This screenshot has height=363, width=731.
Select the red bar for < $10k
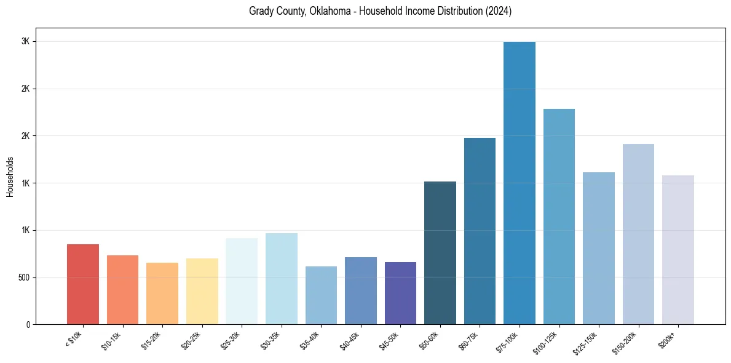click(83, 284)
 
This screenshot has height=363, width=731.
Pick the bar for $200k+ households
click(678, 250)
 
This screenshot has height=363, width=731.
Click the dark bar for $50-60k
click(440, 253)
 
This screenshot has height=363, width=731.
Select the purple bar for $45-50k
click(400, 293)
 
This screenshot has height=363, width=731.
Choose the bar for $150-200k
click(638, 234)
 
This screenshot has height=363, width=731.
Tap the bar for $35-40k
click(321, 295)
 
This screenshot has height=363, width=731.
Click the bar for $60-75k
click(480, 231)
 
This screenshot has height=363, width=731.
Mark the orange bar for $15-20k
click(162, 293)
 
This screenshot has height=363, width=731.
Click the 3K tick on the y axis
click(25, 41)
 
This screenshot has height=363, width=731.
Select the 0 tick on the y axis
click(28, 324)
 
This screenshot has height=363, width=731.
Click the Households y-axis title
click(10, 177)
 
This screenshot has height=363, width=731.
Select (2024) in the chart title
click(498, 11)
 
